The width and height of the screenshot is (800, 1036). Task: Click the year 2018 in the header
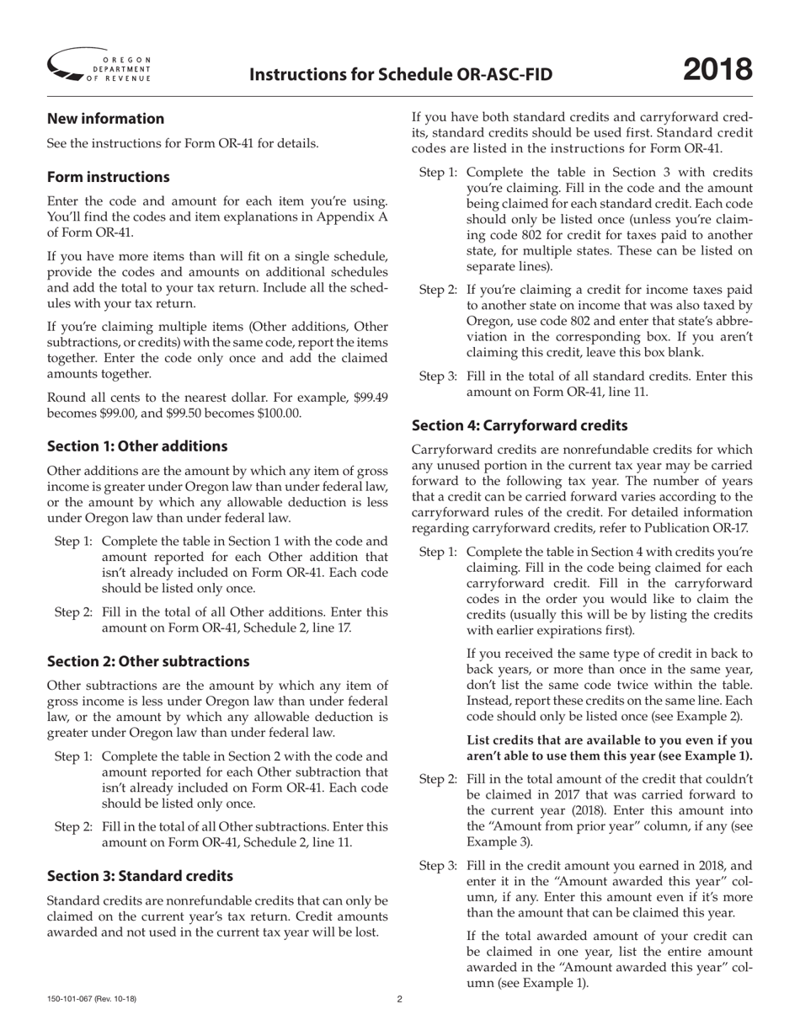click(717, 69)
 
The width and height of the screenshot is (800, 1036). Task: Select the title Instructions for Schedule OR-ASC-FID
click(401, 75)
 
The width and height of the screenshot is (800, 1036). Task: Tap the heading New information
click(105, 119)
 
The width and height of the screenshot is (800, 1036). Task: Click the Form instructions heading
click(108, 177)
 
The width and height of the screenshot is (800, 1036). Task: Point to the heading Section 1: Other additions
click(136, 446)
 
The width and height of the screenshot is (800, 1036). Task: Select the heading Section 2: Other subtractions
click(148, 661)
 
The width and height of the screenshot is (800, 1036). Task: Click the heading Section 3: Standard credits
click(140, 876)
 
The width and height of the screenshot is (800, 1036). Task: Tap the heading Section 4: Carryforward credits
click(519, 426)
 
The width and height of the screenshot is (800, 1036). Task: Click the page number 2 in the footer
click(400, 1000)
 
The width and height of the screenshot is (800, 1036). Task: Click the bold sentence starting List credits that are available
click(609, 748)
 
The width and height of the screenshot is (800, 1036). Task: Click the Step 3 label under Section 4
click(438, 866)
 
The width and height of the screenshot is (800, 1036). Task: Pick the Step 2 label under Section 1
click(73, 612)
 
